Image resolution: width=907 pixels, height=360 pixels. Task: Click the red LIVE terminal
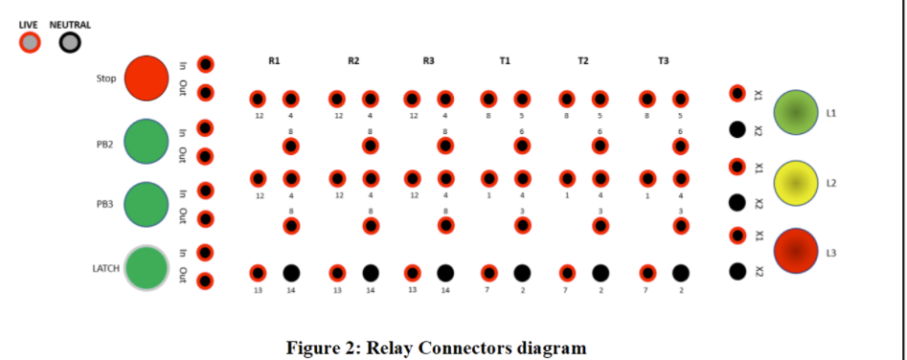[x=31, y=42]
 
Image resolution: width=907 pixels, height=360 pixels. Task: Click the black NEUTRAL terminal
[x=70, y=42]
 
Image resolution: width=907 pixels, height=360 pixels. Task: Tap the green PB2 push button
[x=147, y=142]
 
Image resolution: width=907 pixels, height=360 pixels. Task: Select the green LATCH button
[x=147, y=267]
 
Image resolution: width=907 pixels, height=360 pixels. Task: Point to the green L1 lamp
[x=796, y=112]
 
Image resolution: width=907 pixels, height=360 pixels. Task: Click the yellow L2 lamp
[x=796, y=183]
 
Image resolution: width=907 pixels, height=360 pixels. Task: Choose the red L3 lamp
[x=796, y=251]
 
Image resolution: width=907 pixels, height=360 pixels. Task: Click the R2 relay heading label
[x=353, y=61]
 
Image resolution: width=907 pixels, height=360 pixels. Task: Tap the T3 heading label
[x=663, y=61]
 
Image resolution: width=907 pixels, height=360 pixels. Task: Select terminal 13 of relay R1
[x=258, y=273]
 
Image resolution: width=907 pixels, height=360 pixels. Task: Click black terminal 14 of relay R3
[x=445, y=273]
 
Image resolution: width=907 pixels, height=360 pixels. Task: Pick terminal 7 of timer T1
[x=489, y=273]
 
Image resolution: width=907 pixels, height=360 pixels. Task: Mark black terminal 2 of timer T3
[x=680, y=273]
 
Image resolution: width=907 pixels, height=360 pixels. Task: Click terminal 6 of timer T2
[x=600, y=146]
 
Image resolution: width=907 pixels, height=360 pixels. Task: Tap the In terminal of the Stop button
[x=205, y=64]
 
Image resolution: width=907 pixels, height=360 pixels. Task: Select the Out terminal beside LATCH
[x=205, y=281]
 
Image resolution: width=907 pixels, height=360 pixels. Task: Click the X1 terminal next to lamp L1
[x=737, y=93]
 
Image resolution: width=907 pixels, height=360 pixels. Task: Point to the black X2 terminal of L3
[x=737, y=271]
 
